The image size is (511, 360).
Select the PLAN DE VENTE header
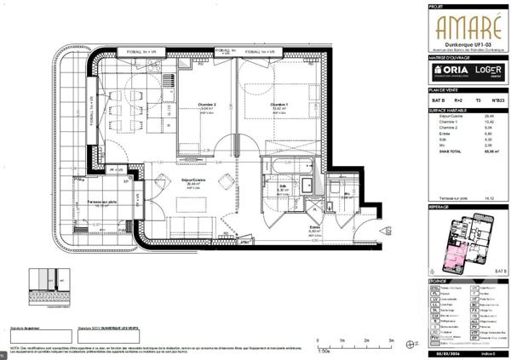(444, 89)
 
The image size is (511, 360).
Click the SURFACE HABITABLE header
(449, 111)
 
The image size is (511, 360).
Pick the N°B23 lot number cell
(498, 101)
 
